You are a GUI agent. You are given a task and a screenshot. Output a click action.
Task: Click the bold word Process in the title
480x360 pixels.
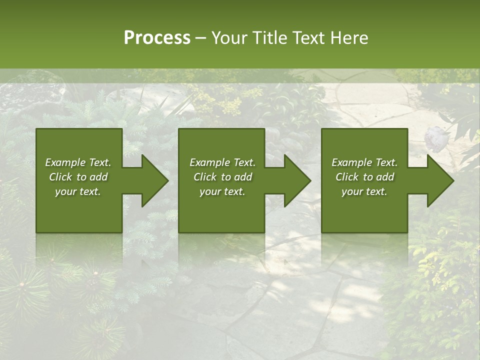click(x=157, y=38)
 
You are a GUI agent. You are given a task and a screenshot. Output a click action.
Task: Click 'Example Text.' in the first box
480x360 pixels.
click(x=78, y=162)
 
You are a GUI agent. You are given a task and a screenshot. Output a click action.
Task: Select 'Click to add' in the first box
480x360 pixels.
click(x=78, y=177)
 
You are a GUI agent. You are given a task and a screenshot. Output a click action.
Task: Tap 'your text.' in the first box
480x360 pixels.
click(x=78, y=191)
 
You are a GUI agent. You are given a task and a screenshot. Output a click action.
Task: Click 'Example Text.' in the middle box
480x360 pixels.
click(x=222, y=162)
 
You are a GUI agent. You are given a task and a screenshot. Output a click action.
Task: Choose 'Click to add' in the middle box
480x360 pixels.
click(x=222, y=177)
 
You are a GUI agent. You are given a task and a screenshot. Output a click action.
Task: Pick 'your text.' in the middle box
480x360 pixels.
click(x=222, y=191)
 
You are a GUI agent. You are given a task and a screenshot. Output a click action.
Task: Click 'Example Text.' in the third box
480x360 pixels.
click(x=364, y=162)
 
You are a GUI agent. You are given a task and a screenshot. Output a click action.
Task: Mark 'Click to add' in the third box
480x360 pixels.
click(x=364, y=177)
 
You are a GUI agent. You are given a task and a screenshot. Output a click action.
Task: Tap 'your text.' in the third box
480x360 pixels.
click(x=364, y=191)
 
